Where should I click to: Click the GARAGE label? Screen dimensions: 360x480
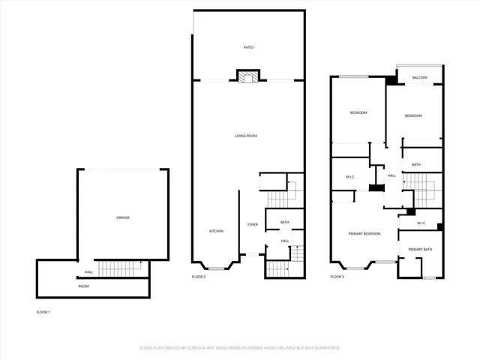click(122, 217)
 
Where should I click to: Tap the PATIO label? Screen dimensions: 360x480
click(248, 47)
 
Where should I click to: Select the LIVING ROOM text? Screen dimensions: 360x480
click(246, 136)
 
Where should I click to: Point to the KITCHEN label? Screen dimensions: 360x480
click(216, 231)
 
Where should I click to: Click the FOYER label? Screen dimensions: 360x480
click(253, 224)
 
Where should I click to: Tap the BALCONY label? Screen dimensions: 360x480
click(420, 78)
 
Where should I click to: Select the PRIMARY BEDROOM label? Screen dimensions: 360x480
click(364, 234)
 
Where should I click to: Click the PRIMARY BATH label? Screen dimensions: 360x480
click(420, 249)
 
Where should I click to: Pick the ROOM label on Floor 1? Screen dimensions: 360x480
click(83, 286)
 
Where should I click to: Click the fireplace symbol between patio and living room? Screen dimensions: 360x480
click(248, 76)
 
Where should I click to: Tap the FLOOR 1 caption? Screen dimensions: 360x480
click(43, 312)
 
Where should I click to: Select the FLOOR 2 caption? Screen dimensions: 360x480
click(199, 277)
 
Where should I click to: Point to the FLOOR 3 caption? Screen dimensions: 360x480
click(337, 277)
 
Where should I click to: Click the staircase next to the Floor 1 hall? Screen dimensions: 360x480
click(121, 268)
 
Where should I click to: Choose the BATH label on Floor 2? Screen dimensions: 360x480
click(285, 223)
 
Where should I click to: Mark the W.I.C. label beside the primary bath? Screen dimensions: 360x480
click(421, 222)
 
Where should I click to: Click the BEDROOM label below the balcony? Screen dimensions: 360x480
click(413, 115)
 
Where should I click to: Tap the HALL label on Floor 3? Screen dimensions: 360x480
click(391, 175)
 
